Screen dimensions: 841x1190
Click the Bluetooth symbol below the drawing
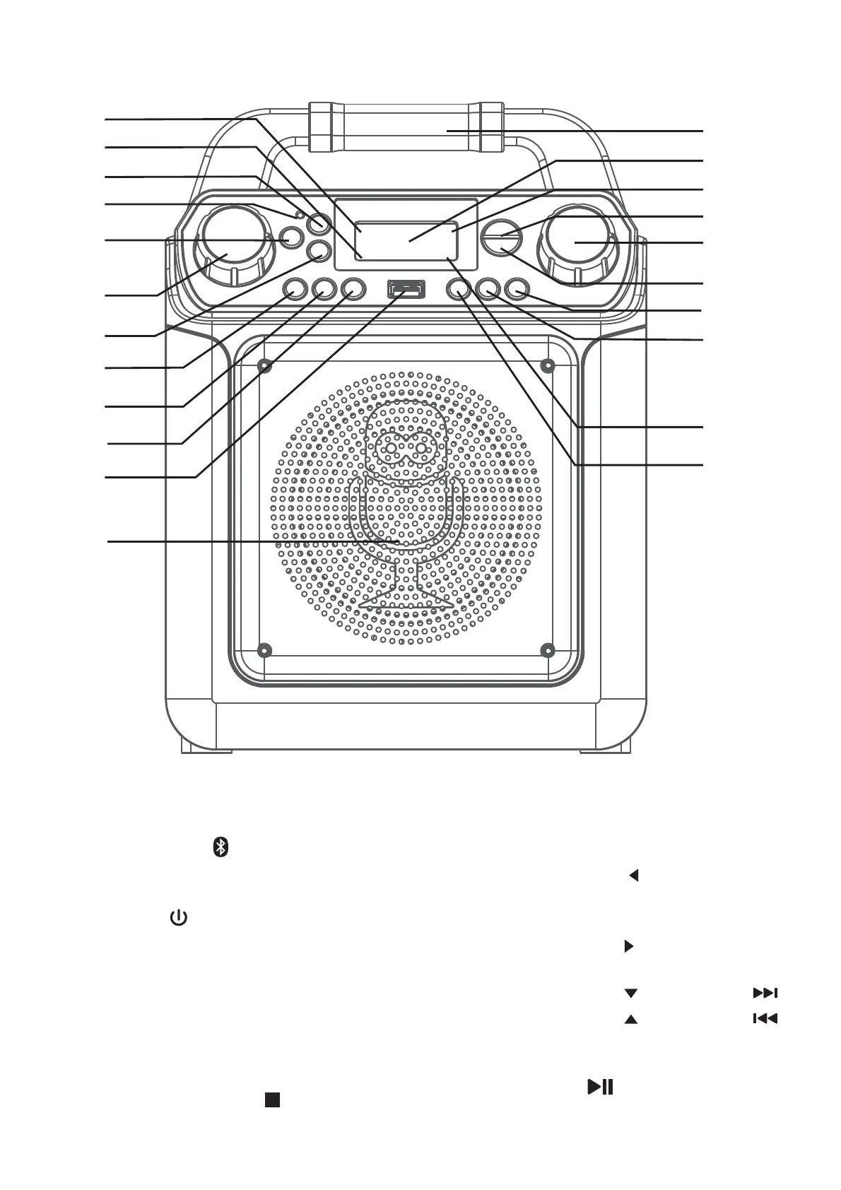(x=221, y=847)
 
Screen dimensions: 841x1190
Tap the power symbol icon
(x=178, y=919)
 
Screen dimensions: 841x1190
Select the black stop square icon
(x=273, y=1100)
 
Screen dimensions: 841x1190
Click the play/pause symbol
(x=600, y=1087)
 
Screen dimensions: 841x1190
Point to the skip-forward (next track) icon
(x=765, y=993)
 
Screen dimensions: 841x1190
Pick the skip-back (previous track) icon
(x=765, y=1018)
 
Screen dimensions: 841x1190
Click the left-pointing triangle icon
(x=633, y=876)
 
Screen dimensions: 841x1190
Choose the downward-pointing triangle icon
(x=630, y=994)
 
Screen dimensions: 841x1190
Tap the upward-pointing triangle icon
(x=630, y=1019)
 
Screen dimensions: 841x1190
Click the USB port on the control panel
(x=406, y=289)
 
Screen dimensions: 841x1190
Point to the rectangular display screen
(x=406, y=234)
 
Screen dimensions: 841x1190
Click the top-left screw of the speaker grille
(x=265, y=365)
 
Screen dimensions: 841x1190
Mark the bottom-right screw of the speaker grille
(x=547, y=649)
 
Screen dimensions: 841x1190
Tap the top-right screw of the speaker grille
(x=547, y=365)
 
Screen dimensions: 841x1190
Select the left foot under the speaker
(x=206, y=746)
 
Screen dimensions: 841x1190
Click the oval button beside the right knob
(x=500, y=237)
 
